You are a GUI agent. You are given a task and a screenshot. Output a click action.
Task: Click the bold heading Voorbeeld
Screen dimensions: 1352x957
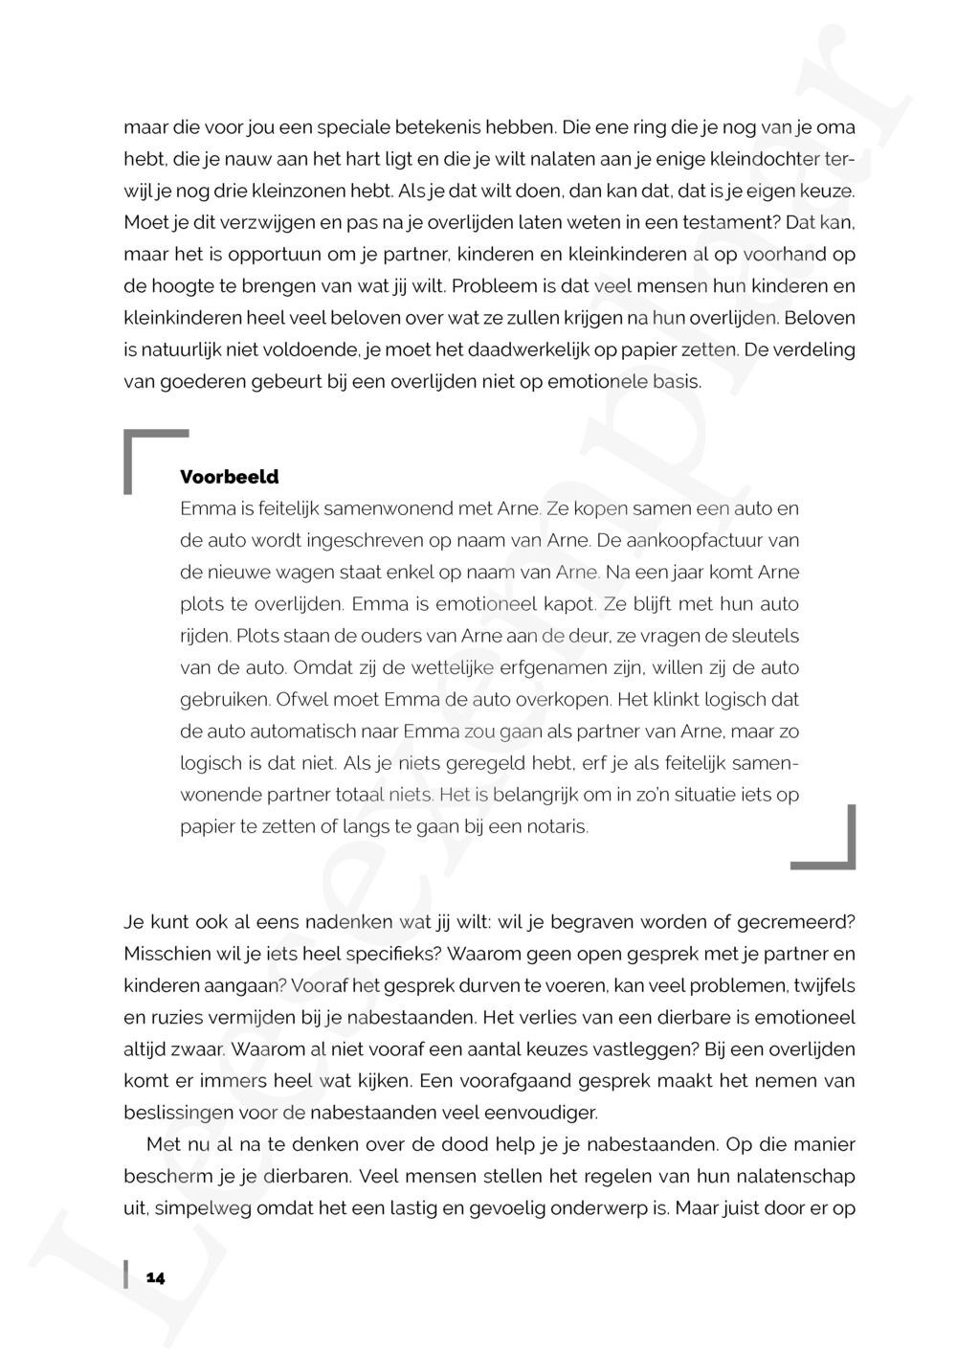click(230, 477)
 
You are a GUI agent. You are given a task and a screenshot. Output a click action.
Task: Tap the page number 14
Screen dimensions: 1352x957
click(156, 1277)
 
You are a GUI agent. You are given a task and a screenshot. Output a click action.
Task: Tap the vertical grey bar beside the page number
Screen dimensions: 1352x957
click(126, 1275)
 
